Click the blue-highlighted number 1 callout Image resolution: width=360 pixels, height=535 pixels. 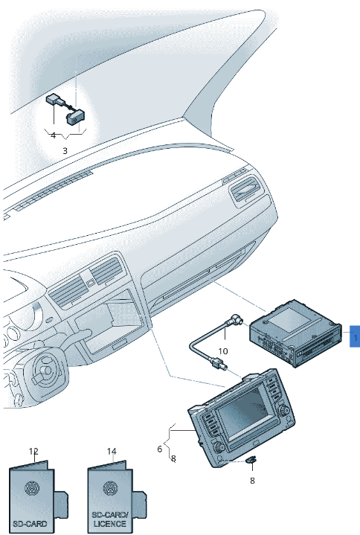pos(355,338)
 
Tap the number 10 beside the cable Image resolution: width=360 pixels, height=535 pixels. pos(222,351)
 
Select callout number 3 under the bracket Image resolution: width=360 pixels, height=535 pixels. pos(65,150)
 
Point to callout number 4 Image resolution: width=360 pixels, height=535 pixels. pos(53,135)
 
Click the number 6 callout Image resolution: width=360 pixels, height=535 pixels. pos(159,449)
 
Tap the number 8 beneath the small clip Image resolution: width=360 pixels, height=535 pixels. pos(251,481)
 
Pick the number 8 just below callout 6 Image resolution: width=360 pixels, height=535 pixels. pos(173,459)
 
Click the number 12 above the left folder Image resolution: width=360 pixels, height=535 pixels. pos(33,452)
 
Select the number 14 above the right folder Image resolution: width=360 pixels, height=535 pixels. pos(112,452)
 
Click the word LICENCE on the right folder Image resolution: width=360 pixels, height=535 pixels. pos(109,525)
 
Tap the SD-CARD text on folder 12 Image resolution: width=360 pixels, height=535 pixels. pos(30,524)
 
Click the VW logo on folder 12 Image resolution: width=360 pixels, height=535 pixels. pos(33,490)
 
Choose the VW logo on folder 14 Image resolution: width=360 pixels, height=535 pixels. pos(111,490)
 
